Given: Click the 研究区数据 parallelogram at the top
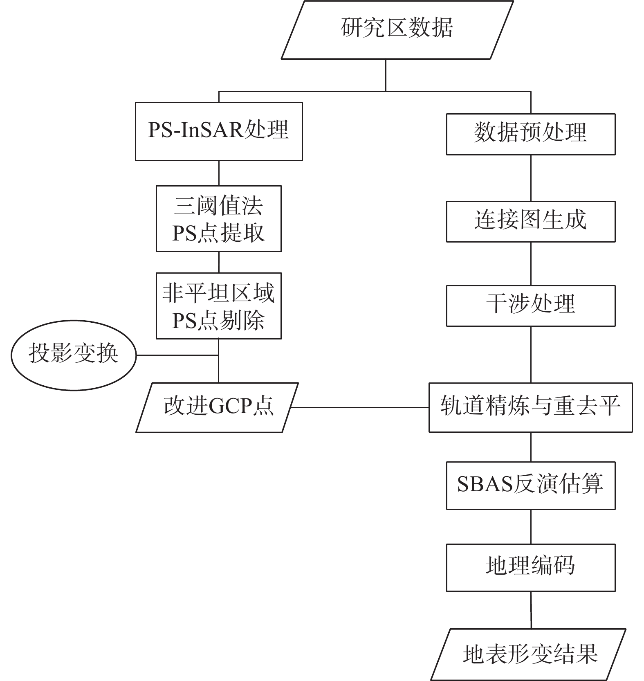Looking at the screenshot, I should click(397, 29).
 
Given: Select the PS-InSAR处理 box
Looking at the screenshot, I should click(219, 131).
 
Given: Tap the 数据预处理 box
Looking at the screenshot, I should click(530, 134).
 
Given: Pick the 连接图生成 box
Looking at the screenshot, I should click(530, 221).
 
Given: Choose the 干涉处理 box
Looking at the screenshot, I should click(530, 306).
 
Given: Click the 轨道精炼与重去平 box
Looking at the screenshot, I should click(530, 407).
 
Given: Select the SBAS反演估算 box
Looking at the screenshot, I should click(530, 485).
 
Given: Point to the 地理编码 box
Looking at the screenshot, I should click(530, 567).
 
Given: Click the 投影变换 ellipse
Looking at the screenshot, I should click(73, 355).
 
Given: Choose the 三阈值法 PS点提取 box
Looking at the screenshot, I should click(218, 218).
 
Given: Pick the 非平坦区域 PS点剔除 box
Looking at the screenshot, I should click(218, 306).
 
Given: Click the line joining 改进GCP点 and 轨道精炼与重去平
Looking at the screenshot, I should click(360, 407).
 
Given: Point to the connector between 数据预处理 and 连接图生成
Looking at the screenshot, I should click(531, 178).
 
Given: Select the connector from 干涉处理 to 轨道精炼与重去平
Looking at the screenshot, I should click(531, 354).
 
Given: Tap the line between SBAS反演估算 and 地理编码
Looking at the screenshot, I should click(531, 526).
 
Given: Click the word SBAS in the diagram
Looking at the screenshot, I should click(485, 485).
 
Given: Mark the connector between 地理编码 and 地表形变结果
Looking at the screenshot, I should click(531, 610).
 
